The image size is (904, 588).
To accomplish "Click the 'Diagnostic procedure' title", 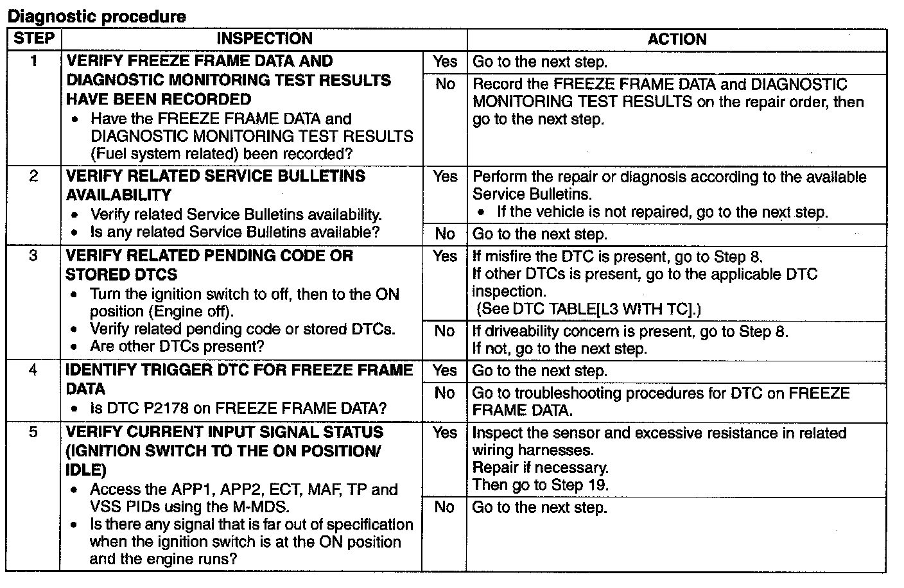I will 96,16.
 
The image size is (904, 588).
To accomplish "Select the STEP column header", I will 34,39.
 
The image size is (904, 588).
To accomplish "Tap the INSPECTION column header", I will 264,39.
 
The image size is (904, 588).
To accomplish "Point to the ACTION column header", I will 677,39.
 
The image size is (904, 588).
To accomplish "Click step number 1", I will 34,62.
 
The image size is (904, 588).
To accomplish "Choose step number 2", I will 34,177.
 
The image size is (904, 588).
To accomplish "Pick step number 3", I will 34,256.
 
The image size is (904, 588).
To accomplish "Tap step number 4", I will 34,370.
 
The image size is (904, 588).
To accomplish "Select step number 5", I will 34,433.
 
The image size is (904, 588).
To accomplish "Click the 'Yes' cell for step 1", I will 444,62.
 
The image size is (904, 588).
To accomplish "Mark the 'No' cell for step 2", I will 444,234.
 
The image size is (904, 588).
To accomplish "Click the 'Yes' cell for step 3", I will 444,256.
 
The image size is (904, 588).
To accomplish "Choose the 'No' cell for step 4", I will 444,393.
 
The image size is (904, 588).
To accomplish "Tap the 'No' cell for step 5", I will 444,507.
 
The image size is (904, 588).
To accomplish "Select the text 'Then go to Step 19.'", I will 540,485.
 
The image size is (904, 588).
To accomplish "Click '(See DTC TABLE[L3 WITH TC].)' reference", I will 589,309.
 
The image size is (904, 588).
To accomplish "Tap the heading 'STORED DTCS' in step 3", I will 121,275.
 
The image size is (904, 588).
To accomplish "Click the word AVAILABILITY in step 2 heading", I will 119,195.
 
